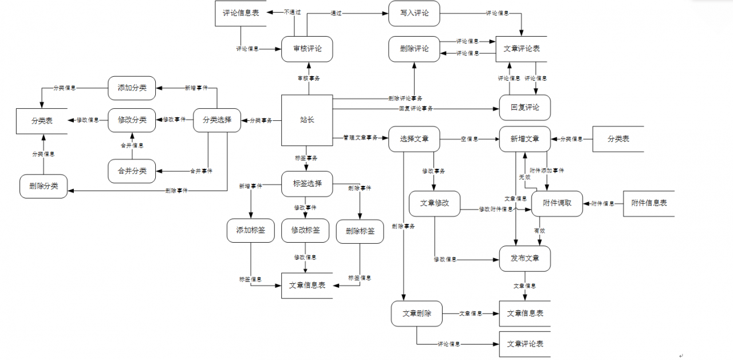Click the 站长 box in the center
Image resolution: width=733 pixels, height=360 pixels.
(307, 120)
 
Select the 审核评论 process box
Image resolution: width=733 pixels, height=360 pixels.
(307, 49)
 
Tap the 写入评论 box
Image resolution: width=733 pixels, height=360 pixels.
(414, 13)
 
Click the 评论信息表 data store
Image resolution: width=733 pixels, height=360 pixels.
(241, 13)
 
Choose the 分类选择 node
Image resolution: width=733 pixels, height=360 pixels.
(217, 120)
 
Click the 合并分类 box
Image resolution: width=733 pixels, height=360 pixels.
(132, 171)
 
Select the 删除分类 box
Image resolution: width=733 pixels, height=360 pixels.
(44, 186)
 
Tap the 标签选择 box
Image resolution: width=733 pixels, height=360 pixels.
(307, 184)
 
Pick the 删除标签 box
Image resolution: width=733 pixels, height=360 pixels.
(360, 231)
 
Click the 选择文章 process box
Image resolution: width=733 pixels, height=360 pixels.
(414, 139)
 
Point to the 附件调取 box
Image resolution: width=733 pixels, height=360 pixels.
(557, 203)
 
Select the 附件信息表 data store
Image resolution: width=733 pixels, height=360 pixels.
(649, 203)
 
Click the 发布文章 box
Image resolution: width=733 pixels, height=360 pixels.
(525, 258)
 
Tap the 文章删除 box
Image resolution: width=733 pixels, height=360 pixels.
(417, 314)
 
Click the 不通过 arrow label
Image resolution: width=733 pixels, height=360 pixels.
(292, 12)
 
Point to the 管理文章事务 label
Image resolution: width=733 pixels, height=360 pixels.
(361, 138)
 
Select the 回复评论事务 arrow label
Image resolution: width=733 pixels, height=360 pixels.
(416, 108)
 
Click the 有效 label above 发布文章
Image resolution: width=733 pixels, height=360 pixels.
(539, 231)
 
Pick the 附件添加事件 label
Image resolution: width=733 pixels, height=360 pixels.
(547, 171)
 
